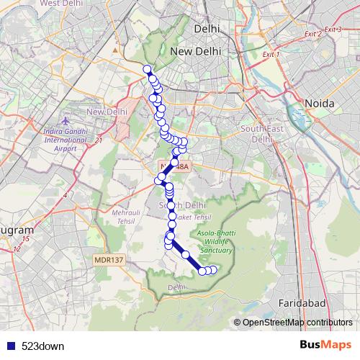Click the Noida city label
pyautogui.click(x=320, y=104)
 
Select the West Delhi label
pyautogui.click(x=60, y=3)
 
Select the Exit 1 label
pyautogui.click(x=271, y=54)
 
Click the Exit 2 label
pyautogui.click(x=312, y=34)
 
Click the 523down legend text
pyautogui.click(x=42, y=346)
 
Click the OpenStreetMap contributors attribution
pyautogui.click(x=293, y=323)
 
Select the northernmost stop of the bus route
pyautogui.click(x=148, y=70)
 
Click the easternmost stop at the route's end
pyautogui.click(x=213, y=269)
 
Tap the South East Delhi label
pyautogui.click(x=258, y=133)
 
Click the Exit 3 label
pyautogui.click(x=333, y=29)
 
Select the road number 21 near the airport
pyautogui.click(x=99, y=140)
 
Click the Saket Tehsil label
pyautogui.click(x=185, y=216)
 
